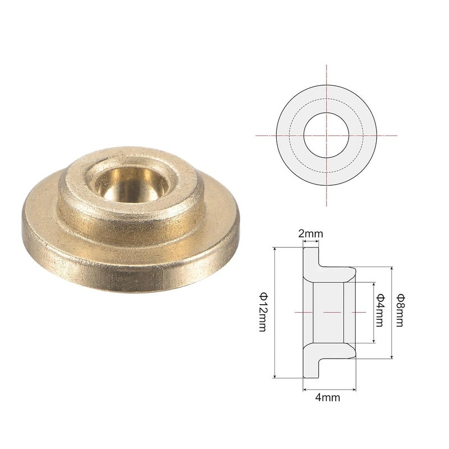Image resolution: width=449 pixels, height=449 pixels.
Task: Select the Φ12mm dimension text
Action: (263, 312)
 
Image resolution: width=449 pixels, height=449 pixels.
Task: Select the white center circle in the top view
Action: (326, 135)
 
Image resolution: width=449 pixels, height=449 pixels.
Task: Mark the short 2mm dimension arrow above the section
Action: (310, 242)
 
